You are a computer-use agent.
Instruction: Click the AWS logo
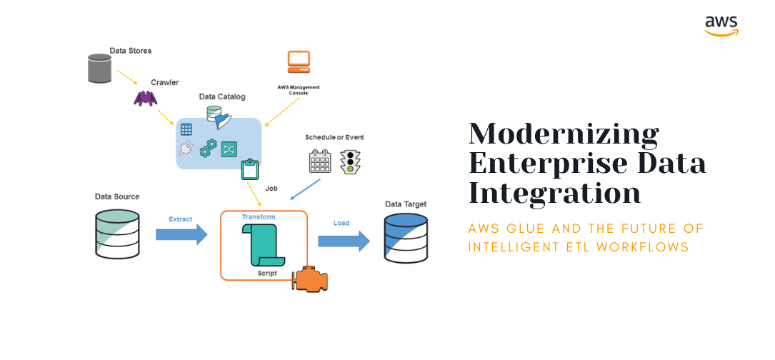pyautogui.click(x=721, y=25)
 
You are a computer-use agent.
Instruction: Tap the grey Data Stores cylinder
pyautogui.click(x=100, y=69)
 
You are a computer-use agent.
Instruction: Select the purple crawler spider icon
pyautogui.click(x=145, y=97)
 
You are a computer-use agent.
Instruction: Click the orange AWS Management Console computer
pyautogui.click(x=299, y=62)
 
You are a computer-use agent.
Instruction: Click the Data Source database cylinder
pyautogui.click(x=116, y=233)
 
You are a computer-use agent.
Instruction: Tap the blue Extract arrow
pyautogui.click(x=181, y=234)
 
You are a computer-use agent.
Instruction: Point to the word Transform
pyautogui.click(x=258, y=216)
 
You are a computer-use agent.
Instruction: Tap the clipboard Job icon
pyautogui.click(x=250, y=169)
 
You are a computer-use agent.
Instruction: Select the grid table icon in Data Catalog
pyautogui.click(x=186, y=129)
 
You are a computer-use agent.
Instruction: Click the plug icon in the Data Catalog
pyautogui.click(x=186, y=149)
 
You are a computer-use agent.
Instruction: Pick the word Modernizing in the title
pyautogui.click(x=564, y=135)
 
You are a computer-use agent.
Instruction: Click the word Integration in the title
pyautogui.click(x=554, y=194)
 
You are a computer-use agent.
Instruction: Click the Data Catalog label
pyautogui.click(x=221, y=96)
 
